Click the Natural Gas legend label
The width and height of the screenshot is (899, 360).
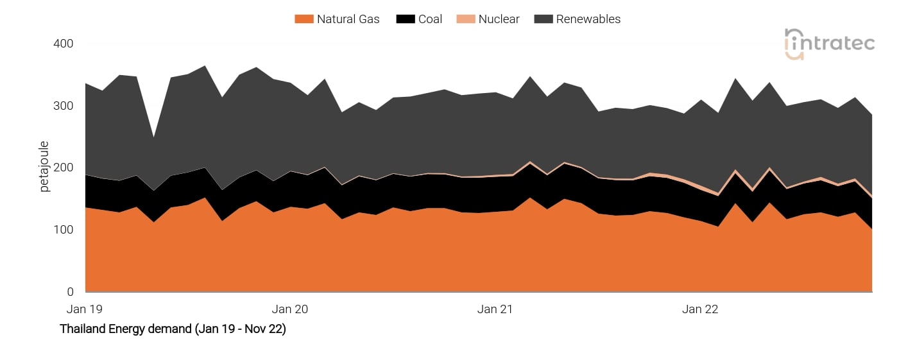click(348, 19)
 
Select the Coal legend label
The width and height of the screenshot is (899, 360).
click(430, 19)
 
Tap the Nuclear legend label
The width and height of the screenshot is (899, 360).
click(499, 19)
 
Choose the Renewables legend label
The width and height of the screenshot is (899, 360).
click(588, 19)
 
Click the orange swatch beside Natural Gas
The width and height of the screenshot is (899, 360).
click(304, 19)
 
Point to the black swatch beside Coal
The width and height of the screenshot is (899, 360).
click(405, 19)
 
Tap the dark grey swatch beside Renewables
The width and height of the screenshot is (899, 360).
click(543, 19)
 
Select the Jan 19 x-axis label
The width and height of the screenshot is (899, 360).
click(85, 309)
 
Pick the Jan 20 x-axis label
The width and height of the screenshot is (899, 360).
click(290, 309)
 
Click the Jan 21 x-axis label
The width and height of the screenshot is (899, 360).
click(495, 309)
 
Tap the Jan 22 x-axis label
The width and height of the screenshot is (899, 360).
click(700, 309)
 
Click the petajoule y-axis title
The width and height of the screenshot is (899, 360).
click(44, 167)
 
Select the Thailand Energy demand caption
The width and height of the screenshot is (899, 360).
click(173, 329)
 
